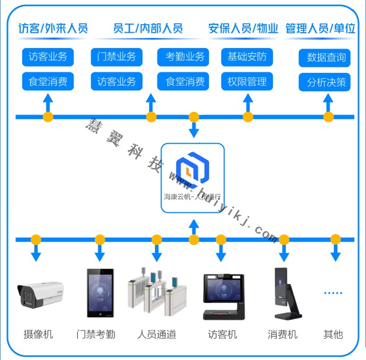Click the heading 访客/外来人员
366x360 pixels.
tap(53, 29)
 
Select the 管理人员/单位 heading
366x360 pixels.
tap(320, 29)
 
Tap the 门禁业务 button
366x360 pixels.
tap(116, 57)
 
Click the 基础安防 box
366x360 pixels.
tap(247, 57)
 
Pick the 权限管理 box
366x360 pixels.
tap(247, 82)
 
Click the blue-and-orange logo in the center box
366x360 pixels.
tap(193, 169)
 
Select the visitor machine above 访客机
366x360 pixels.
tap(224, 297)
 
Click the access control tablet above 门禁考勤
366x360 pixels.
tap(100, 293)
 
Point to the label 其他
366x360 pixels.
tap(333, 334)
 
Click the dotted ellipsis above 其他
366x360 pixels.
tap(333, 292)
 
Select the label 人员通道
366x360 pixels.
tap(156, 334)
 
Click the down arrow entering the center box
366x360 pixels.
tap(194, 130)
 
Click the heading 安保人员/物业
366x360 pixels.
tap(243, 29)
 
